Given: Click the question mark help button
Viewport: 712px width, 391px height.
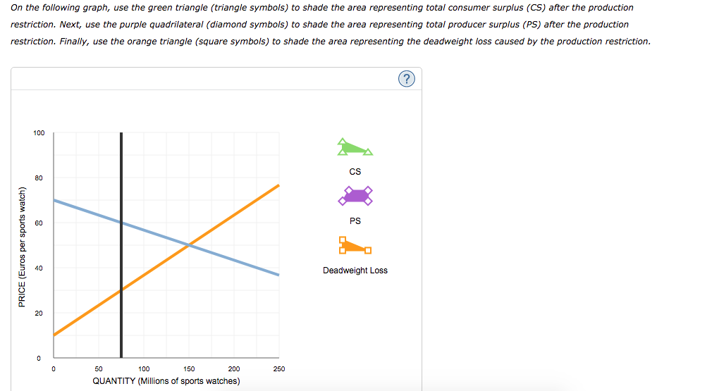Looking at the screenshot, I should pos(406,79).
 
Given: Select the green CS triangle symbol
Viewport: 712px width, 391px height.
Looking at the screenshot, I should pos(354,147).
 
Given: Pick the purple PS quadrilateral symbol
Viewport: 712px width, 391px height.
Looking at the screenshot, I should pos(355,196).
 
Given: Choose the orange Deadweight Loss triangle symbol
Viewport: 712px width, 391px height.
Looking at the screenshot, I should pos(354,245).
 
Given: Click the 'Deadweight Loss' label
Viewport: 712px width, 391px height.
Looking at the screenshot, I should pos(355,271).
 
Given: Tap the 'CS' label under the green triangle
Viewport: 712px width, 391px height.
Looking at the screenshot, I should pos(355,172).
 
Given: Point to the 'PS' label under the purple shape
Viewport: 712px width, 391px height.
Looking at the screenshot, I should pos(355,221).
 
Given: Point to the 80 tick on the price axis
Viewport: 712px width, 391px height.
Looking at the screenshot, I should pos(40,178).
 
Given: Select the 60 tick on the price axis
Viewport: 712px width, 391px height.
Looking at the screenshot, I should pos(40,223).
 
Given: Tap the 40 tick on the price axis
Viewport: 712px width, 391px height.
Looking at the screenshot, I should pos(40,268).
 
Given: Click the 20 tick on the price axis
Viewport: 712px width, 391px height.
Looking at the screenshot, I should pos(40,313).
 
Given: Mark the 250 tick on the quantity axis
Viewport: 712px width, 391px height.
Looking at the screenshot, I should pos(278,368).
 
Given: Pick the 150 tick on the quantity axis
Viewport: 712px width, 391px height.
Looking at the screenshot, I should pos(189,368).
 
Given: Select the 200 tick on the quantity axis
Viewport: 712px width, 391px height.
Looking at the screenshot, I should pos(234,368).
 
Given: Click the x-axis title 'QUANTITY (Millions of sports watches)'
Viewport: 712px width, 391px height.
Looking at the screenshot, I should pos(166,381).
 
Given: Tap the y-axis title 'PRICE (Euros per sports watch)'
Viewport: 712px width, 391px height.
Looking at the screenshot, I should pos(22,246).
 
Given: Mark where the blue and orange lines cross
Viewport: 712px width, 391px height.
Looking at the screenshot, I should pos(189,245).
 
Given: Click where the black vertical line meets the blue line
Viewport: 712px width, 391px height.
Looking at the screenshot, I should pos(121,223).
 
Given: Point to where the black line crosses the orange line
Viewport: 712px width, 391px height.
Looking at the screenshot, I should pos(121,290).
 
